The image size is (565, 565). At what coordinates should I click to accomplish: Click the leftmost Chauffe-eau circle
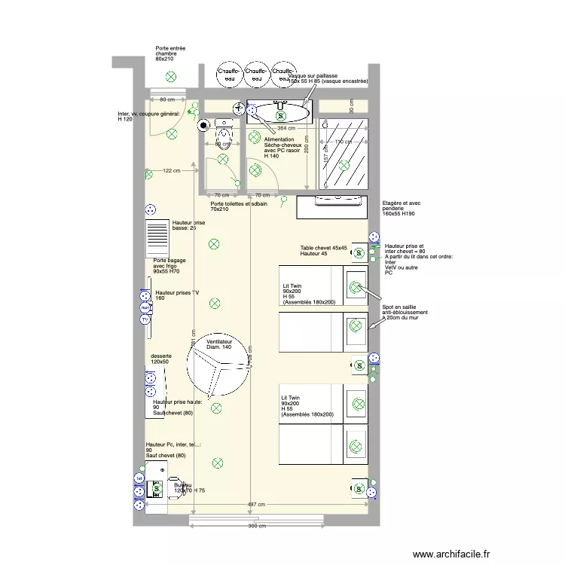coord(228,74)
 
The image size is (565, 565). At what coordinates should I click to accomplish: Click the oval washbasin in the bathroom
coord(279,114)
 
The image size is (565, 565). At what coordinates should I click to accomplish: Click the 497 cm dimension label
coord(257,505)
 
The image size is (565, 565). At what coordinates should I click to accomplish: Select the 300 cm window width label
coord(257,527)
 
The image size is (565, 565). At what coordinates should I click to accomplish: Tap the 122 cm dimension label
coord(172,171)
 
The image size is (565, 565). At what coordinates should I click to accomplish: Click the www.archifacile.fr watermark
coord(452,552)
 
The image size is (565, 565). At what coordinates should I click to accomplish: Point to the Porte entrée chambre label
coord(170,53)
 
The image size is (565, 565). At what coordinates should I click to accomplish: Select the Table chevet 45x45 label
coord(323,251)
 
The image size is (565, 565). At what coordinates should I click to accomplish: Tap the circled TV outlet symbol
coord(145,319)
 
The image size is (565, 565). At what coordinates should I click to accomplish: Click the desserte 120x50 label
coord(160,359)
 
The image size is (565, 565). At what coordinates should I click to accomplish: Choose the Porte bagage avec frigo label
coord(169,265)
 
